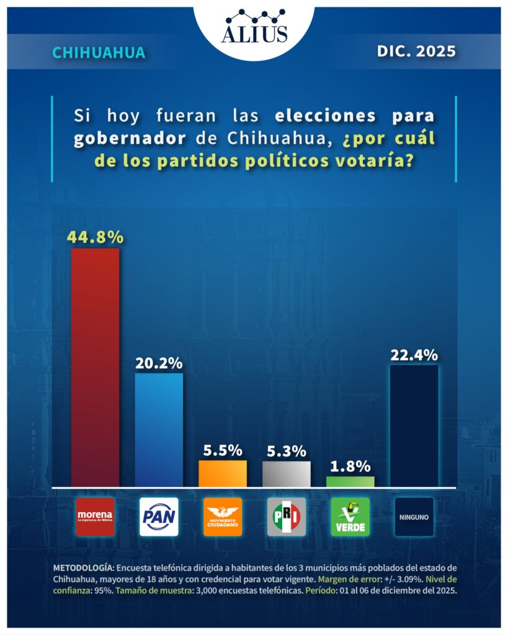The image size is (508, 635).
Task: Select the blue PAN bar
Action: [159, 430]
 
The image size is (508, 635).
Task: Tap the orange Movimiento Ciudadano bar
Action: [223, 473]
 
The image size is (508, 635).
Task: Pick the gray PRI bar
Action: [287, 474]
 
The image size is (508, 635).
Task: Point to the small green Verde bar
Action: [350, 481]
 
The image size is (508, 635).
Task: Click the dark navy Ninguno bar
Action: [414, 426]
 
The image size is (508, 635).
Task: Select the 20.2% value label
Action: [159, 363]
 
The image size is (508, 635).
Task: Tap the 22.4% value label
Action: [414, 355]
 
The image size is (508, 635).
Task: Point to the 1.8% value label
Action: [350, 466]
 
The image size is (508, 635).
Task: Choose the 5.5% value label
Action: [223, 450]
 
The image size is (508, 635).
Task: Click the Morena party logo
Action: [95, 517]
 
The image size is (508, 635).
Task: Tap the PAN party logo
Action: [159, 517]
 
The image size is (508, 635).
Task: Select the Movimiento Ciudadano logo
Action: [223, 517]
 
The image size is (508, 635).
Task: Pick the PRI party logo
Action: [287, 517]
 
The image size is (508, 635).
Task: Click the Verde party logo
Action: [350, 517]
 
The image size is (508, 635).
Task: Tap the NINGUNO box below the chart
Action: [414, 517]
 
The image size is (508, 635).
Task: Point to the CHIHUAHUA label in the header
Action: [99, 53]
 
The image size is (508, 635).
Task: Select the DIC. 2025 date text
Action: [416, 51]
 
